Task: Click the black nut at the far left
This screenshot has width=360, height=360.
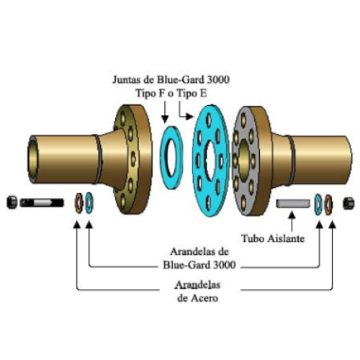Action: point(12,202)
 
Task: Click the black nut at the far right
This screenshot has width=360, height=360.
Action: point(348,203)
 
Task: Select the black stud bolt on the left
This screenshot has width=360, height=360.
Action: point(42,203)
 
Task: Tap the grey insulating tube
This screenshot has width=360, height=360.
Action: point(292,203)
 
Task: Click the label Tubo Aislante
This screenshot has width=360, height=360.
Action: point(273,238)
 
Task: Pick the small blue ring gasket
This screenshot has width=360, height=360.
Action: point(171,158)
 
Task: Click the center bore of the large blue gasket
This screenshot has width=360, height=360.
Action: point(210,161)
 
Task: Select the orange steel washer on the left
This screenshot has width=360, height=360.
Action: point(78,203)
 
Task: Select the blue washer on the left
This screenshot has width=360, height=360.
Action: point(89,203)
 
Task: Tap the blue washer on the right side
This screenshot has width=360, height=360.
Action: point(318,204)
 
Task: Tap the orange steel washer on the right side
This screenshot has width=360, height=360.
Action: point(328,205)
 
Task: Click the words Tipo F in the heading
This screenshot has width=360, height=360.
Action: point(150,93)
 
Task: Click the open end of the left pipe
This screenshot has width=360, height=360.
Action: point(33,159)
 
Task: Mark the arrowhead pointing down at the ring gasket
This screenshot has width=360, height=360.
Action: point(165,119)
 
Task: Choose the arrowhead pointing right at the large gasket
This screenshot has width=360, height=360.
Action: point(189,117)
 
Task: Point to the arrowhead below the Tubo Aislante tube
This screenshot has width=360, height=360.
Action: point(292,215)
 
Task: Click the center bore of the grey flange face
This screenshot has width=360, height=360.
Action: point(243,159)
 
